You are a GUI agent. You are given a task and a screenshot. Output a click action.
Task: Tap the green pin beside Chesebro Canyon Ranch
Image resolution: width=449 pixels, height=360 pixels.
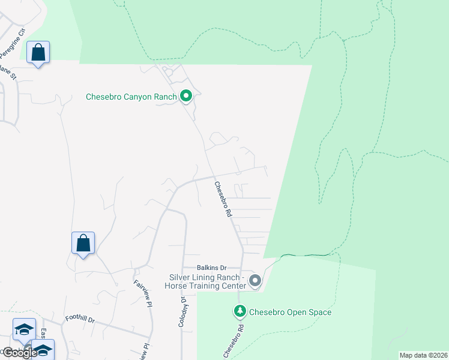(186, 96)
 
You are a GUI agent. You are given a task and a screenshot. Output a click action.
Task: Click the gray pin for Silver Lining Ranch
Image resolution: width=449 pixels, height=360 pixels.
(255, 281)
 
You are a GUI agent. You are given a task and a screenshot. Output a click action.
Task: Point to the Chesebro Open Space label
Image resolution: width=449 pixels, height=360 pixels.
(290, 312)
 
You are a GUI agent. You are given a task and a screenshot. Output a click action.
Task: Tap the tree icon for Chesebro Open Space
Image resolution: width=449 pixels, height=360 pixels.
(240, 311)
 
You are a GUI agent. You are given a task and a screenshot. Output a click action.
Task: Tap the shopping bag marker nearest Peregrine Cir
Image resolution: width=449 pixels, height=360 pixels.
(38, 53)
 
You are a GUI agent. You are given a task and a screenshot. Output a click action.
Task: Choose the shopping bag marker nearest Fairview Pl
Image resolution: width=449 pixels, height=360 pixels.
(83, 244)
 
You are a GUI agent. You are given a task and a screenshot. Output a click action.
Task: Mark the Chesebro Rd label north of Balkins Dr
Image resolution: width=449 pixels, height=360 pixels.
(221, 199)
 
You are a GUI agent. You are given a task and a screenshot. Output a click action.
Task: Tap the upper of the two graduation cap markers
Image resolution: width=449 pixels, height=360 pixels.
(24, 329)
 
